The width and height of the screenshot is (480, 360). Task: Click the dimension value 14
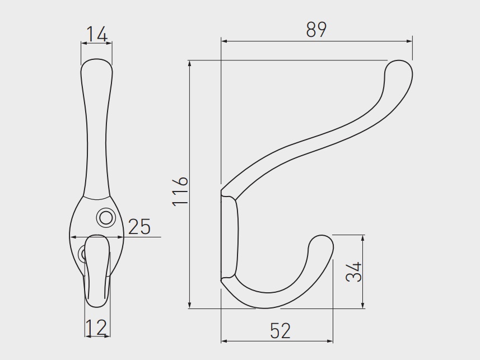click(97, 34)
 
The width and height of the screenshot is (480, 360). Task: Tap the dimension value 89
click(316, 30)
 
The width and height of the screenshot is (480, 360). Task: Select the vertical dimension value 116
click(180, 191)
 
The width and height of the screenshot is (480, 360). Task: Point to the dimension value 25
click(139, 227)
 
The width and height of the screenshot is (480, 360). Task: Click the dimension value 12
click(96, 327)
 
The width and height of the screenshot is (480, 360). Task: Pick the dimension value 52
click(281, 331)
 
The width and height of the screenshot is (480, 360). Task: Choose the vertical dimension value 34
click(354, 272)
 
